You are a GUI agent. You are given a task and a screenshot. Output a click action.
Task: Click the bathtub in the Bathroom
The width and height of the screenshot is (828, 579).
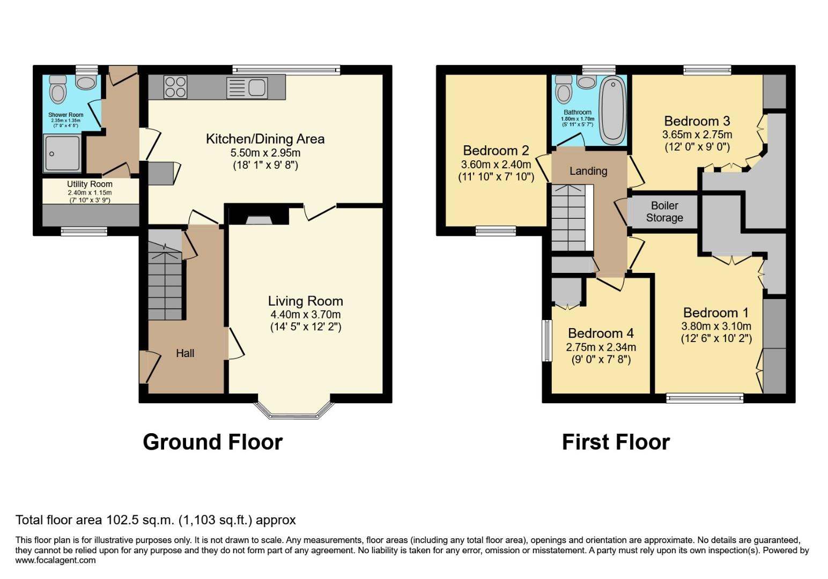coord(612,110)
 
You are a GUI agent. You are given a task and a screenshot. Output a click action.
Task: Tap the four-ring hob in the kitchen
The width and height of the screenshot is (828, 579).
coord(175,87)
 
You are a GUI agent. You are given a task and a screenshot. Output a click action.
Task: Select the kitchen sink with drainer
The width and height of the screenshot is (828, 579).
coord(247,87)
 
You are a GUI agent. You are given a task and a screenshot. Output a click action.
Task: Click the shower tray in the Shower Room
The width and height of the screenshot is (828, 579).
coord(62,153)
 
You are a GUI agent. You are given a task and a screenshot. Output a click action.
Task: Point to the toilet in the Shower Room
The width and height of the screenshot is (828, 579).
coord(58,89)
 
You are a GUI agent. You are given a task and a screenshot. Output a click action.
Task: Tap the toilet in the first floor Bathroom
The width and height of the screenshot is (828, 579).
coord(564,89)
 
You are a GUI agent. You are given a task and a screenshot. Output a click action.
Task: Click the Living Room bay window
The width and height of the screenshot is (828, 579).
coord(294,411)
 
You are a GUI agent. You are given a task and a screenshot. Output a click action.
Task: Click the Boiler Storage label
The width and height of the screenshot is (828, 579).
coord(664,212)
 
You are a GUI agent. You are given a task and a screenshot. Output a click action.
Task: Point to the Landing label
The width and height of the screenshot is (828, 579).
coord(588,171)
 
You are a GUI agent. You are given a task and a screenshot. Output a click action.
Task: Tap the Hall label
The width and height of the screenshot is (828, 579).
coord(185,353)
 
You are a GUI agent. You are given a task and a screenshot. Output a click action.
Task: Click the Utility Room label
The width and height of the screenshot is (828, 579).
coord(90,184)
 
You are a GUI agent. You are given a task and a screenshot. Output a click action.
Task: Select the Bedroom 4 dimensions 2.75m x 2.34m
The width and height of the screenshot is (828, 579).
coord(601,347)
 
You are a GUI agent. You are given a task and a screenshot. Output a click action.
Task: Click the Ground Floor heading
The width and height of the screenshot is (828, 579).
coord(212,442)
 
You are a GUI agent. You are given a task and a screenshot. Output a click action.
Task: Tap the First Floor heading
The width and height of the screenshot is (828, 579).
coord(616,442)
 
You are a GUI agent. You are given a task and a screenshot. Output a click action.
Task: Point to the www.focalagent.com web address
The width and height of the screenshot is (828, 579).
coord(55,560)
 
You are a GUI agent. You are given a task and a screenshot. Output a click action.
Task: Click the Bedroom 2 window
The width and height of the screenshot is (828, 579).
coord(496,231)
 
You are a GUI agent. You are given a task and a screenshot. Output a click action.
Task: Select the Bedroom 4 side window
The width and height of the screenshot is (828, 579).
coord(546,340)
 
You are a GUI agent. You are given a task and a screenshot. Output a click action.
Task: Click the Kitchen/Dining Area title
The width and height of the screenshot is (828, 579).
coord(265,139)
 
